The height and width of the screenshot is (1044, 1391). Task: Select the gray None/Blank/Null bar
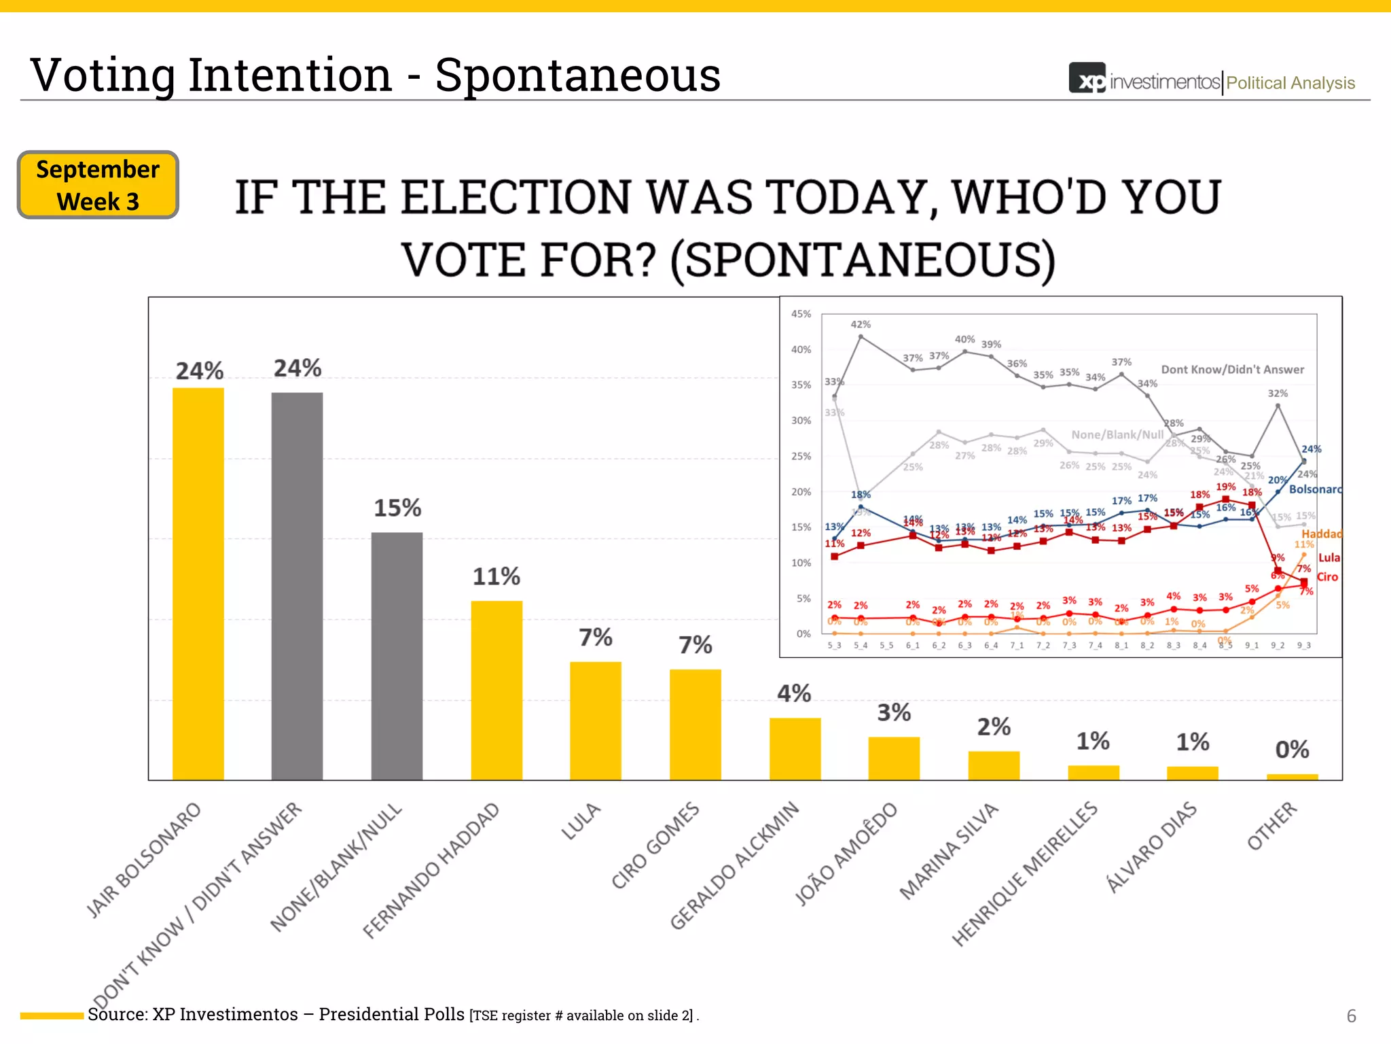[x=397, y=656]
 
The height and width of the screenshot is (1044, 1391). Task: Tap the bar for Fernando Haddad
[x=496, y=690]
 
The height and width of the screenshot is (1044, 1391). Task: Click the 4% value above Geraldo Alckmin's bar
[x=794, y=693]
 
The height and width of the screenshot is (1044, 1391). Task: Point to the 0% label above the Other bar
[x=1292, y=750]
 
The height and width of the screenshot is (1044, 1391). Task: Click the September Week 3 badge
[x=98, y=185]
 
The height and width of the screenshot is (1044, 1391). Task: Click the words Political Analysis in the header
[x=1290, y=83]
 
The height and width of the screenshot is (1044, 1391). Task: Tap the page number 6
[x=1351, y=1015]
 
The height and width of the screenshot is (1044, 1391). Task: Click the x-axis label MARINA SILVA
[x=949, y=851]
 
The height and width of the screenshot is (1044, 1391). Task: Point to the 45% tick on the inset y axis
[x=801, y=314]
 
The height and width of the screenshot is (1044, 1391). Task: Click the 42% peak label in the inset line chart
[x=861, y=324]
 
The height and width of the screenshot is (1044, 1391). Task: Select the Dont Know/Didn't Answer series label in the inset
[x=1232, y=370]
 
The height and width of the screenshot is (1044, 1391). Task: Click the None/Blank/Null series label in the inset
[x=1117, y=434]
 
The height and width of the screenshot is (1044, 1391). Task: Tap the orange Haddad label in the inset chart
[x=1321, y=534]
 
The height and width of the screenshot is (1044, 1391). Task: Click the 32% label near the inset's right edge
[x=1278, y=393]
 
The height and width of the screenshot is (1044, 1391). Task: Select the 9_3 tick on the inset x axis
[x=1303, y=645]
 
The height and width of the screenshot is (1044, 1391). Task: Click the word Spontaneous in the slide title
[x=577, y=75]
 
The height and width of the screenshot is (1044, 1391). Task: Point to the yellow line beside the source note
[x=52, y=1015]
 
